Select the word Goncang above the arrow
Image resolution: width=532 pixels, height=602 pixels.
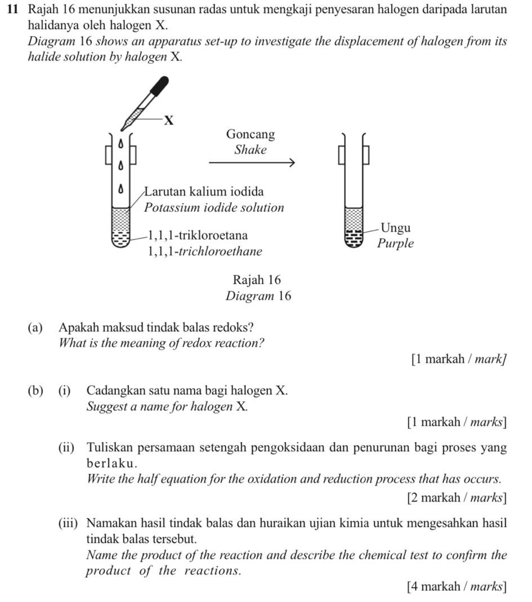[251, 135]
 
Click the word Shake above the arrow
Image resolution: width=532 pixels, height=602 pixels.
[251, 150]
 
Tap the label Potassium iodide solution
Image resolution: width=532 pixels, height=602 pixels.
[214, 207]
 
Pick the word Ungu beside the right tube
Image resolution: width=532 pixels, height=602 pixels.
[396, 228]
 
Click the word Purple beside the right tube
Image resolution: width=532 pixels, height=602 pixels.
[396, 244]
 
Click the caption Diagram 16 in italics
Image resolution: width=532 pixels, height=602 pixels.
[258, 296]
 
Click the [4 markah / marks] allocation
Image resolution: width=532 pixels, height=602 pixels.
[455, 588]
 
